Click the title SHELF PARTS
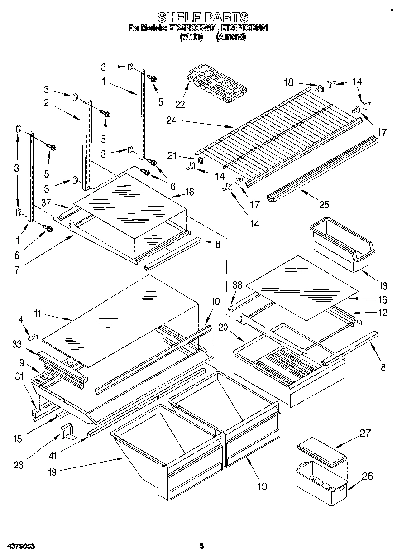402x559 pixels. (x=202, y=17)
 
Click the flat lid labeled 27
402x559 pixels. (x=322, y=452)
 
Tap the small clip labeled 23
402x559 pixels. (x=68, y=431)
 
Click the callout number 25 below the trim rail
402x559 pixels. (x=324, y=205)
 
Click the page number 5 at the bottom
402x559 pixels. (x=201, y=546)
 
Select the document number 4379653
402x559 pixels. (x=20, y=546)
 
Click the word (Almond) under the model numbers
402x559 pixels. (x=231, y=38)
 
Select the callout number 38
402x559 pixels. (x=238, y=285)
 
